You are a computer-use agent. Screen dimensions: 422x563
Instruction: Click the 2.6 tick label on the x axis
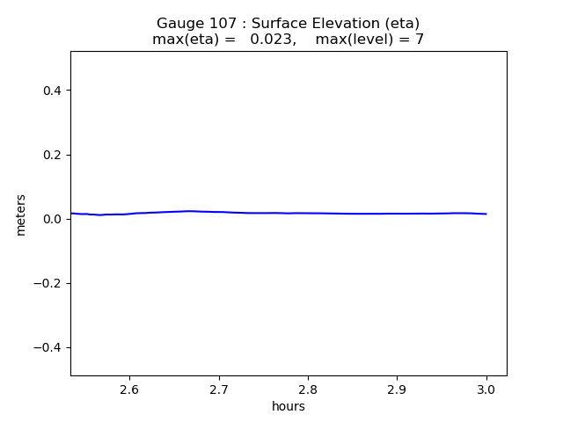click(x=129, y=389)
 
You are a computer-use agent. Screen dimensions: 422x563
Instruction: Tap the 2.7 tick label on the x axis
click(x=219, y=389)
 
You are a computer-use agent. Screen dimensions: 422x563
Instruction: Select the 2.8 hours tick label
click(x=308, y=389)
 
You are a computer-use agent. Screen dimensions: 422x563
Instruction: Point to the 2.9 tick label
click(x=397, y=389)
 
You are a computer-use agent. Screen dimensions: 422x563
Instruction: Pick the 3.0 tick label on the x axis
click(x=486, y=389)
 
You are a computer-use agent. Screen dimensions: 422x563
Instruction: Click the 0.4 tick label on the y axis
click(x=53, y=91)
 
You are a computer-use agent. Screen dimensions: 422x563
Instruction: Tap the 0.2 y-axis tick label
click(x=53, y=155)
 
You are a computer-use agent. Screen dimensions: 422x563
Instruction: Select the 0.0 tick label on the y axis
click(x=53, y=219)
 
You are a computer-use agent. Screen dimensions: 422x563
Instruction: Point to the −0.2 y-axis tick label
click(x=48, y=283)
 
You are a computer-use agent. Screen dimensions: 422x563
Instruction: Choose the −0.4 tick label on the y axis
click(x=48, y=347)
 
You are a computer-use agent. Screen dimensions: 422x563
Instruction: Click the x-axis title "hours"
click(x=289, y=406)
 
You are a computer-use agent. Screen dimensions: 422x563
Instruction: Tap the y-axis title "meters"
click(x=21, y=215)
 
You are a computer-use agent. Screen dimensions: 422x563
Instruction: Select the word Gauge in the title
click(x=178, y=24)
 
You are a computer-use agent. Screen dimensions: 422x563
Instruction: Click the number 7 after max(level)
click(x=420, y=40)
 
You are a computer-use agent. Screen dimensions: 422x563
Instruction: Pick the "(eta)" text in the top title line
click(x=401, y=24)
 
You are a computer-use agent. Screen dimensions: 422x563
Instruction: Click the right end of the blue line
click(x=486, y=214)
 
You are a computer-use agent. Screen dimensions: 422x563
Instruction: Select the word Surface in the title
click(x=281, y=24)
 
